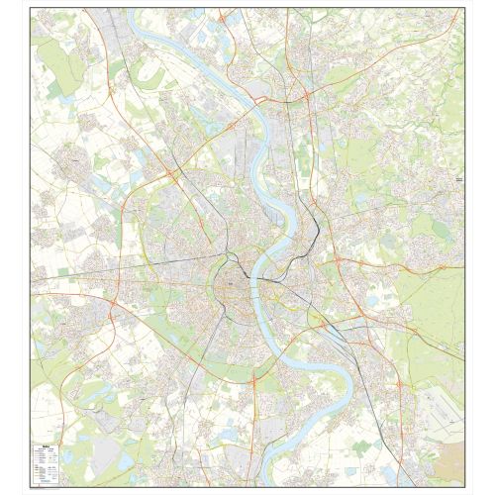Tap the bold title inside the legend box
[x=40, y=444]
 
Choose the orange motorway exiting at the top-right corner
[x=456, y=16]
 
